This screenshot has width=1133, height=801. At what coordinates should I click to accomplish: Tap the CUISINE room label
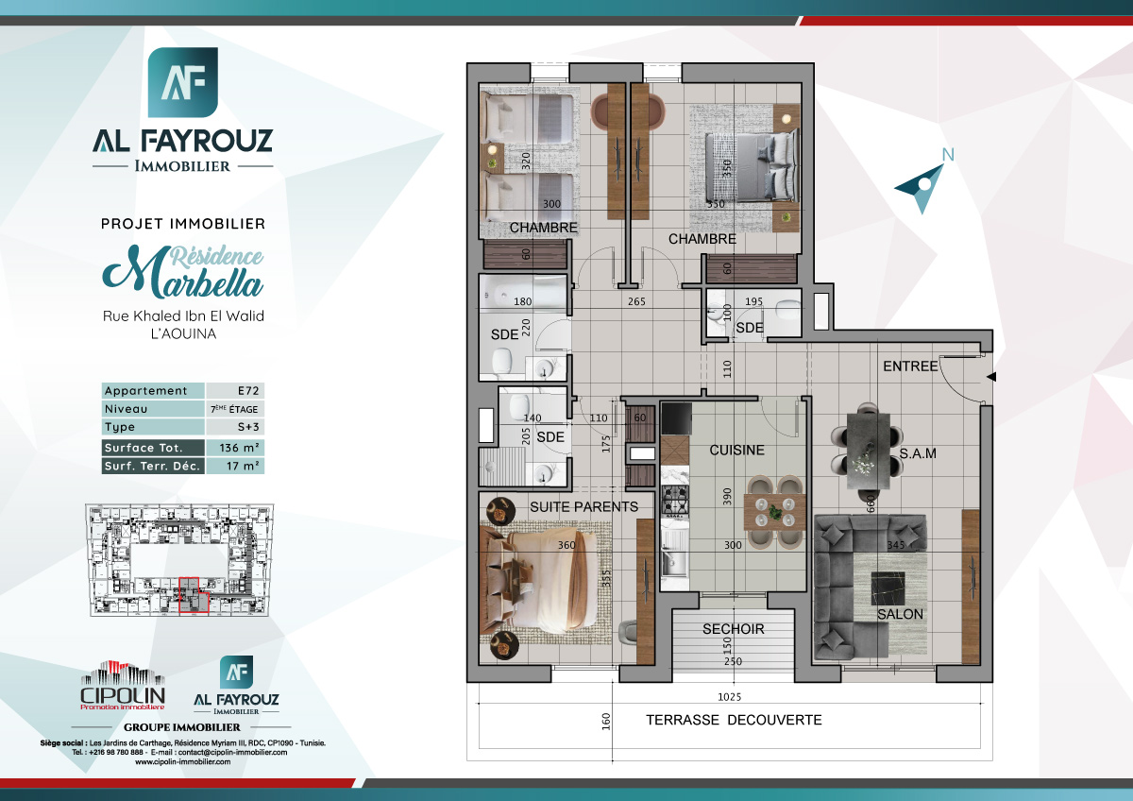point(736,450)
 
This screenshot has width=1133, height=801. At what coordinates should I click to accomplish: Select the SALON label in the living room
point(900,614)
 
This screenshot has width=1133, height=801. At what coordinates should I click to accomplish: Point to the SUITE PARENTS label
point(583,506)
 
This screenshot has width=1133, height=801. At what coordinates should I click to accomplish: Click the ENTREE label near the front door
point(910,366)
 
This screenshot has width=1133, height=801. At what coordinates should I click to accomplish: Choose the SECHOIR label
point(733,629)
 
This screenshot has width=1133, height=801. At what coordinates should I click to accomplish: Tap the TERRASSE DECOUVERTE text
point(734,720)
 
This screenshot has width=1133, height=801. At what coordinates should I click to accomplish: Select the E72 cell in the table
point(234,391)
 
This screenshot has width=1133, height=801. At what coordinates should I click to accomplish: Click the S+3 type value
point(234,427)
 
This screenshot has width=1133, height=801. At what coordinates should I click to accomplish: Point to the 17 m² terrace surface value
point(234,466)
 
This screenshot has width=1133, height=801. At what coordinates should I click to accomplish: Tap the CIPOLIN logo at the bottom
point(123,685)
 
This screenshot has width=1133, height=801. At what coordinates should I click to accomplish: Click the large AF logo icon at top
point(182,82)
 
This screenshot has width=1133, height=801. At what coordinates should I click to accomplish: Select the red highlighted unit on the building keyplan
point(194,596)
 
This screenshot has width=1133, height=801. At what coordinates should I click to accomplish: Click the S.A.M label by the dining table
point(917,454)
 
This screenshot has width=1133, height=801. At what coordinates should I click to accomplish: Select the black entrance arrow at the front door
point(991,377)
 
